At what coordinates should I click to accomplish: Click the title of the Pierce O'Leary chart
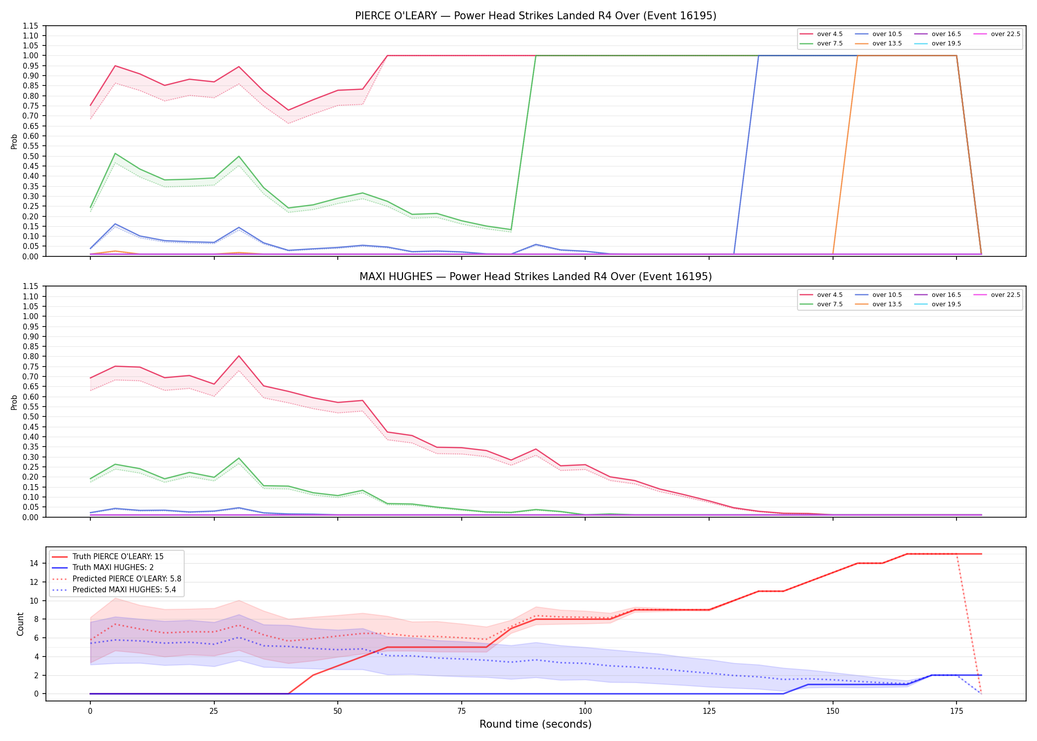(x=535, y=16)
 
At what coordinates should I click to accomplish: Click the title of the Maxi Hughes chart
(x=535, y=277)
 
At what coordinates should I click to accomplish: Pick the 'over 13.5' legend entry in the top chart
(x=878, y=43)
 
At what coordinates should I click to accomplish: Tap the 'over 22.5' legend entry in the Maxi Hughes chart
(x=997, y=295)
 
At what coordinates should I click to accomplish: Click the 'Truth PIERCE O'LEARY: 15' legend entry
(x=108, y=557)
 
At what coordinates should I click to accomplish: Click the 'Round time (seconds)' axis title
(x=535, y=724)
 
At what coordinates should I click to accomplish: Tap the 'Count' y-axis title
(x=20, y=624)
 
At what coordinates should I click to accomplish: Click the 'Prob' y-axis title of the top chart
(x=14, y=141)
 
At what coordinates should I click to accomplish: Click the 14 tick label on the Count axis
(x=34, y=563)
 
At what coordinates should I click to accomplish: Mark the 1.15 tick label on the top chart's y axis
(x=30, y=26)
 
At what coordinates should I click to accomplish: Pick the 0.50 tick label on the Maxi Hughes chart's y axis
(x=30, y=416)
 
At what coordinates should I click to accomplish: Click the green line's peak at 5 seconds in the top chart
(x=115, y=154)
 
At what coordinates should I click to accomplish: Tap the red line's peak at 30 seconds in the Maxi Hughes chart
(x=239, y=356)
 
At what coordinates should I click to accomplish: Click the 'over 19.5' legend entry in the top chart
(x=938, y=43)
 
